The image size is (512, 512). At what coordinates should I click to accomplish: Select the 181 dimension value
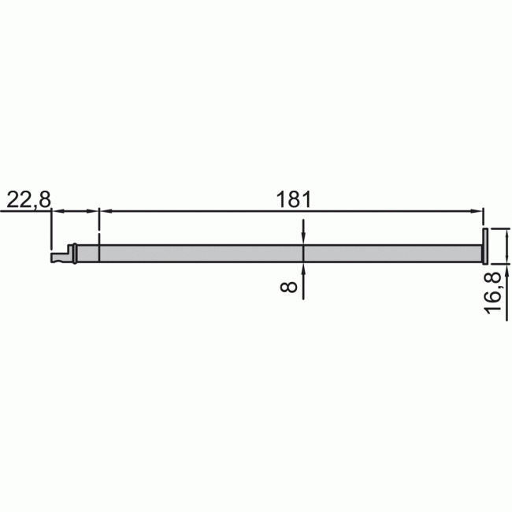click(x=292, y=200)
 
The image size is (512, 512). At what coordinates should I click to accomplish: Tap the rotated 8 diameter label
click(x=290, y=288)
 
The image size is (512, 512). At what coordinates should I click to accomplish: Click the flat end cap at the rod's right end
click(x=485, y=246)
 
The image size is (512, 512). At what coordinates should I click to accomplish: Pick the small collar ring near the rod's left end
click(x=74, y=253)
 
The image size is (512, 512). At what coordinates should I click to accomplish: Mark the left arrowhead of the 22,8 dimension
click(x=58, y=211)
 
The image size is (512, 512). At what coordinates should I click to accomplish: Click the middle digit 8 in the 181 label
click(x=292, y=200)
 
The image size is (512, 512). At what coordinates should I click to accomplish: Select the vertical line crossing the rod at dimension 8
click(x=303, y=253)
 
